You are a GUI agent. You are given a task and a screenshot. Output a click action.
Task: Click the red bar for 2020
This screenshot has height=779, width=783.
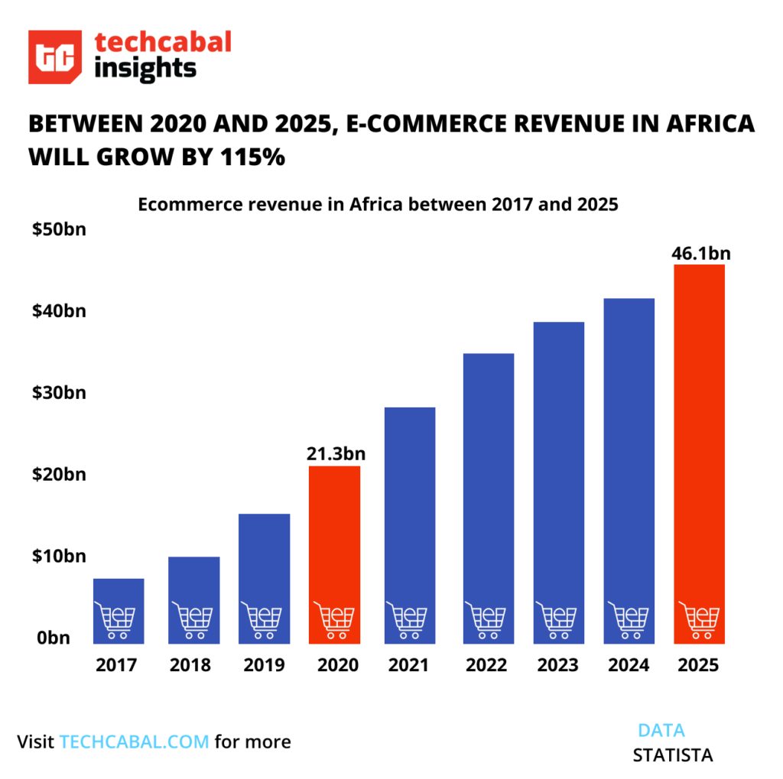tap(334, 535)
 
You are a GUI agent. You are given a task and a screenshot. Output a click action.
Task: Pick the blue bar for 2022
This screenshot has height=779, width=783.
tap(488, 474)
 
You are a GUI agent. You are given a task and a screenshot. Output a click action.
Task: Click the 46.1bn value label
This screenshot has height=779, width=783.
tap(698, 253)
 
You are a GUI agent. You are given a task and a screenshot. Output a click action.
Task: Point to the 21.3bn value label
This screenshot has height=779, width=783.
tap(335, 454)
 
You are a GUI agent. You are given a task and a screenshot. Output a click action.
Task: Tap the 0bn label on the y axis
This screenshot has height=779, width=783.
tap(54, 638)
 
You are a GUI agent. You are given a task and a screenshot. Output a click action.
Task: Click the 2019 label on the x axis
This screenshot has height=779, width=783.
tap(264, 665)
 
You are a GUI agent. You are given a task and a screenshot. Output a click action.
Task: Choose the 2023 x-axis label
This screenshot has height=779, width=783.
tap(557, 665)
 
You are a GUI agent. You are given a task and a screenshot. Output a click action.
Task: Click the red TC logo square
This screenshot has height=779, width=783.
tap(55, 57)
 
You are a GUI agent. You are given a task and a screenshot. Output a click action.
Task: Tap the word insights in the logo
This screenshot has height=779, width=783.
tap(146, 70)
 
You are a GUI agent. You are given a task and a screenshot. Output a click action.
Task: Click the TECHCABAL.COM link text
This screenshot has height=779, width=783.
tap(134, 742)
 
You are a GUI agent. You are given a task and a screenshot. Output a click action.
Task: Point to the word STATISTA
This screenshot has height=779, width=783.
tap(672, 755)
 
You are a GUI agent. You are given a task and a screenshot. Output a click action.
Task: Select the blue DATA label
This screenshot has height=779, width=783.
tap(661, 729)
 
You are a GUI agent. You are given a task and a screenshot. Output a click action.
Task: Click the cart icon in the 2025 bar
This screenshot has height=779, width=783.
tap(698, 620)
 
